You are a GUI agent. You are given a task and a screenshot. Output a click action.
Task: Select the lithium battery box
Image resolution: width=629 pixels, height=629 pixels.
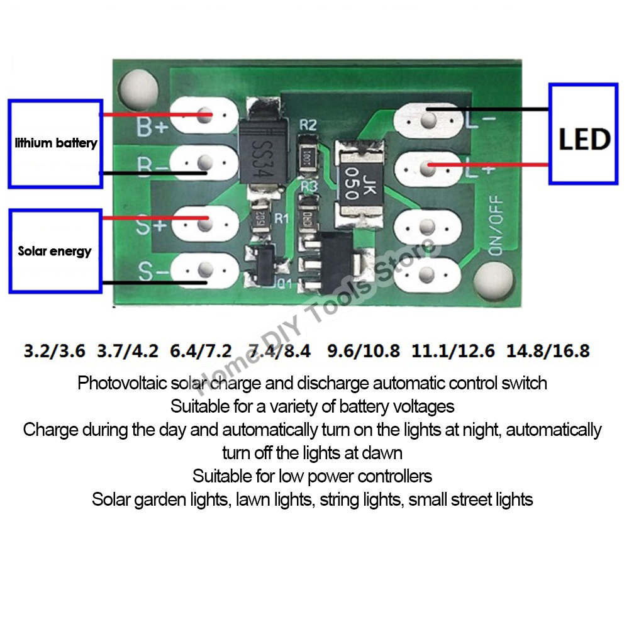(x=55, y=143)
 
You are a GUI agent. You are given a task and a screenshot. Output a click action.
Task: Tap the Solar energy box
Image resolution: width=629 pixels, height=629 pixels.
(x=55, y=251)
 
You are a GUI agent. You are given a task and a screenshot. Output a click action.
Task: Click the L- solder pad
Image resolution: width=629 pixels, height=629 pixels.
(x=428, y=119)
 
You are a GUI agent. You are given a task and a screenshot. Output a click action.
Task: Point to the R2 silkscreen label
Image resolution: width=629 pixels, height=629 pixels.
(x=308, y=125)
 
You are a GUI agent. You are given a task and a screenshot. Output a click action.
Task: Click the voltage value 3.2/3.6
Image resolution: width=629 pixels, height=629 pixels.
(x=54, y=350)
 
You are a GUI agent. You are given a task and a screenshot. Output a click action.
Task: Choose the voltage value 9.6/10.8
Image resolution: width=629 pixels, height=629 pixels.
(x=364, y=350)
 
